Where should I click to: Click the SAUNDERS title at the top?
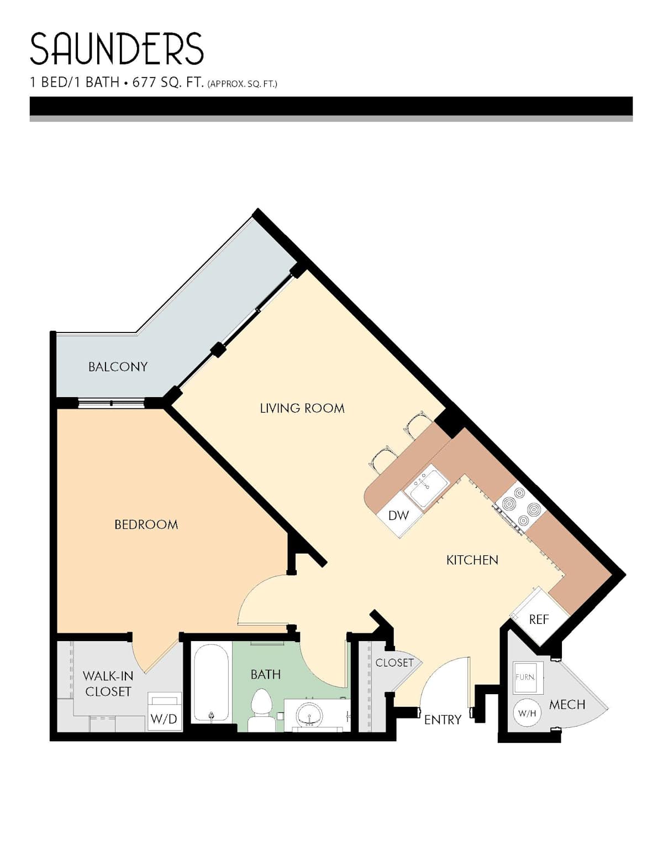[117, 49]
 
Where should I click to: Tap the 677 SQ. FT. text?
[168, 82]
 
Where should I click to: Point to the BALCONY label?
[118, 367]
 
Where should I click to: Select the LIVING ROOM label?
[302, 408]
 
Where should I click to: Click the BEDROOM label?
[146, 524]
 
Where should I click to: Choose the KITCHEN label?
[472, 560]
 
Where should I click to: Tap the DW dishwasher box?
[399, 516]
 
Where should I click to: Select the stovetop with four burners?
[521, 507]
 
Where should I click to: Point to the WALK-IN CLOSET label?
[107, 684]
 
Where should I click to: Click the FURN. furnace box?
[528, 678]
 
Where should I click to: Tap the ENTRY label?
[443, 720]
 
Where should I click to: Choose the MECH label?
[567, 704]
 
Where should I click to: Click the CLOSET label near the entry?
[394, 663]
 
